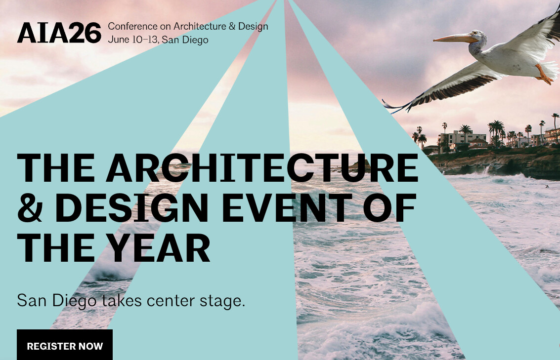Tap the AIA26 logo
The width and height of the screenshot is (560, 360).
tap(59, 33)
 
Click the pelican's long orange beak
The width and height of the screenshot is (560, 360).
tap(454, 38)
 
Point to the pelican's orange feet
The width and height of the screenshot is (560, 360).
tap(544, 75)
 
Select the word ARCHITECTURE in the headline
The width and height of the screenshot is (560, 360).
tap(262, 168)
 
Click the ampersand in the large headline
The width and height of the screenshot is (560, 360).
tap(30, 207)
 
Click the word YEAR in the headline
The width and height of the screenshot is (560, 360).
tap(159, 247)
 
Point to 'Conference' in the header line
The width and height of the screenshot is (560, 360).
tap(132, 26)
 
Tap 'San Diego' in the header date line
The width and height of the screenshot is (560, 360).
tap(185, 40)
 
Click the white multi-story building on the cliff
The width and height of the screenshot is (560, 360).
tap(463, 137)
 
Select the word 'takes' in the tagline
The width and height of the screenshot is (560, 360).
tap(122, 301)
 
